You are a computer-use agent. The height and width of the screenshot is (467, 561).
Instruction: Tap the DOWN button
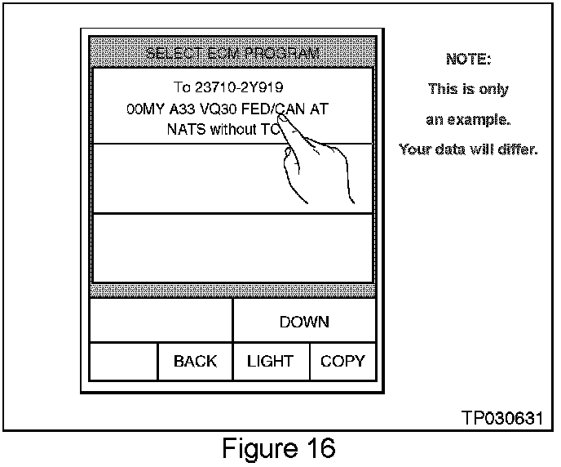coord(304,322)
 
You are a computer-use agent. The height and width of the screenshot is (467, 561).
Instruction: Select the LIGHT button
coord(270,362)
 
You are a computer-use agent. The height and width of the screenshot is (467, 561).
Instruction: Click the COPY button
coord(342,362)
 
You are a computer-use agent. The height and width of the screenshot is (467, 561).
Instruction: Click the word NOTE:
coord(468,59)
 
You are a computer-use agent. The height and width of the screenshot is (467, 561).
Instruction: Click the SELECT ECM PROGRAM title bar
coord(232,55)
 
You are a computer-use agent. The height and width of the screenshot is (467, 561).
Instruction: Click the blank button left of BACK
coord(123,362)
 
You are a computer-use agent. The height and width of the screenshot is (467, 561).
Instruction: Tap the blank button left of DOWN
coord(161,322)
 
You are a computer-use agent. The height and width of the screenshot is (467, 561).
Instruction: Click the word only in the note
coord(491,89)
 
